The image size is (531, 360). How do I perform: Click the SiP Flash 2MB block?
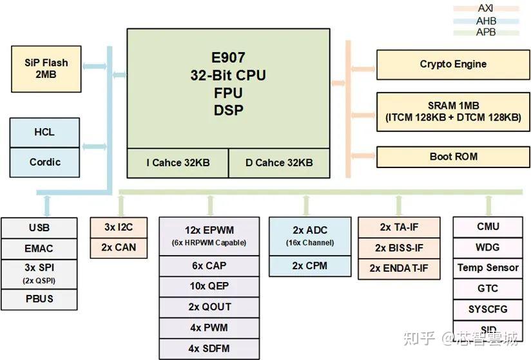pos(46,68)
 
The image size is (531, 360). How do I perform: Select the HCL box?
pos(44,132)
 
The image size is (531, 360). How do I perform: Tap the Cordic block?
pos(44,162)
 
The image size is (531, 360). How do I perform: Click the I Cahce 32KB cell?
pos(177,163)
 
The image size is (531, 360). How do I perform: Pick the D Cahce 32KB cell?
pos(279,163)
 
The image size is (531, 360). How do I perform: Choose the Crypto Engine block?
pos(453,64)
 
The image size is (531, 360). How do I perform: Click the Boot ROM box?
pos(453,156)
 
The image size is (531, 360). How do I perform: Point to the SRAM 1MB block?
pos(453,111)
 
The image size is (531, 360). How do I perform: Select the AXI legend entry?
pos(486,8)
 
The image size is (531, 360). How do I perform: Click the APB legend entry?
pos(486,32)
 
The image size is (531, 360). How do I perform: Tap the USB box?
pos(39,228)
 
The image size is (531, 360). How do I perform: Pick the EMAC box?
pos(39,248)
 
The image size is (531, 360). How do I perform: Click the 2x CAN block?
pos(119,247)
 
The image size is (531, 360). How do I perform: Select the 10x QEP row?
pos(209,286)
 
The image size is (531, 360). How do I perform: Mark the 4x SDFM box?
pos(209,348)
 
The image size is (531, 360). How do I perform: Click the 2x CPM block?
pos(309,266)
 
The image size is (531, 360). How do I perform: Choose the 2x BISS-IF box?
pos(399,248)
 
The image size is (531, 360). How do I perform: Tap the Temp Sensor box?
pos(487,268)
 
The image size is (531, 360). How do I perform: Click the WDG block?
pos(487,247)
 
